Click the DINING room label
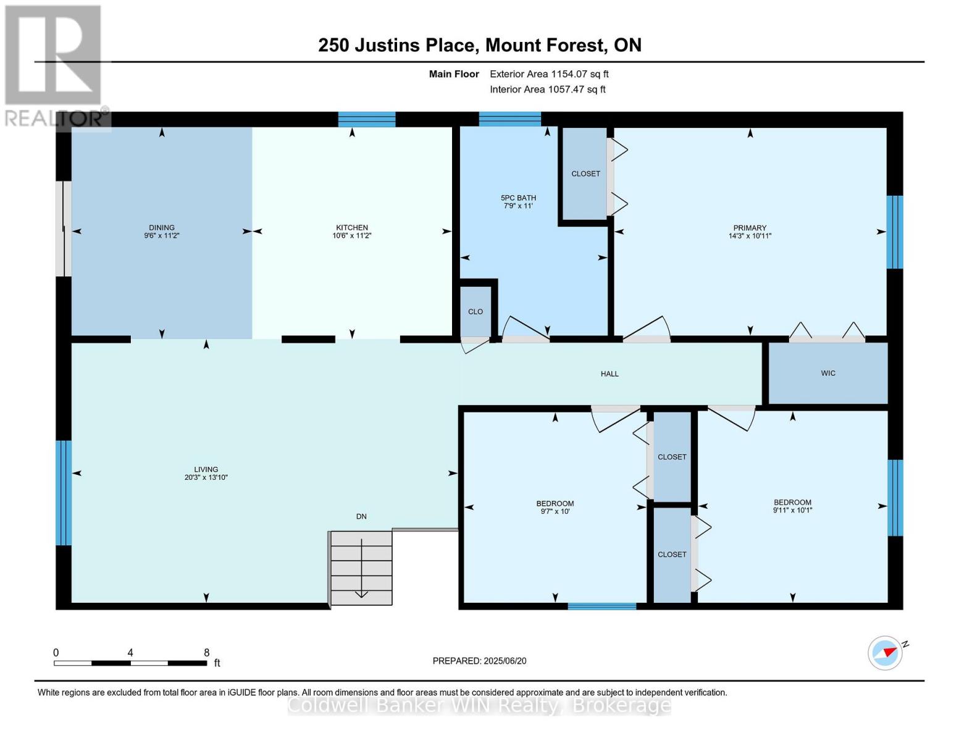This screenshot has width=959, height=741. point(161,227)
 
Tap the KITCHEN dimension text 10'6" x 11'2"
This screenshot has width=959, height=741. point(352,236)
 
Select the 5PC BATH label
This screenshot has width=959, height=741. point(518,198)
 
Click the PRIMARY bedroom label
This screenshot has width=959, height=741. point(750,228)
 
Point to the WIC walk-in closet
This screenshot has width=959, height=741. point(827,373)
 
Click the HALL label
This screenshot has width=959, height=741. point(609,374)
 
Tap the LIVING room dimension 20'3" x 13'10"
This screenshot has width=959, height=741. point(206,477)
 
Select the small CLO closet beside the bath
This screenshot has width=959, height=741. point(475,311)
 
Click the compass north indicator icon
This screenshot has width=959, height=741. point(886,653)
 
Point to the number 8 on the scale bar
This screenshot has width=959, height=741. point(206,653)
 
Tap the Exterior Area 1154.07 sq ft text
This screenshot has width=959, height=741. point(549,74)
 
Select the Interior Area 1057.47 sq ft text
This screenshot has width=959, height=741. point(547,90)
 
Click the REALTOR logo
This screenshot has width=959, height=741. point(54,65)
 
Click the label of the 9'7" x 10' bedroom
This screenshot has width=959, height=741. point(555,503)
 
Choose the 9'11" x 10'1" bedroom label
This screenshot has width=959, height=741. point(792,502)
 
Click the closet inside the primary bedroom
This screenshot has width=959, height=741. point(585,174)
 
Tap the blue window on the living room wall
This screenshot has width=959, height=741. point(64,493)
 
